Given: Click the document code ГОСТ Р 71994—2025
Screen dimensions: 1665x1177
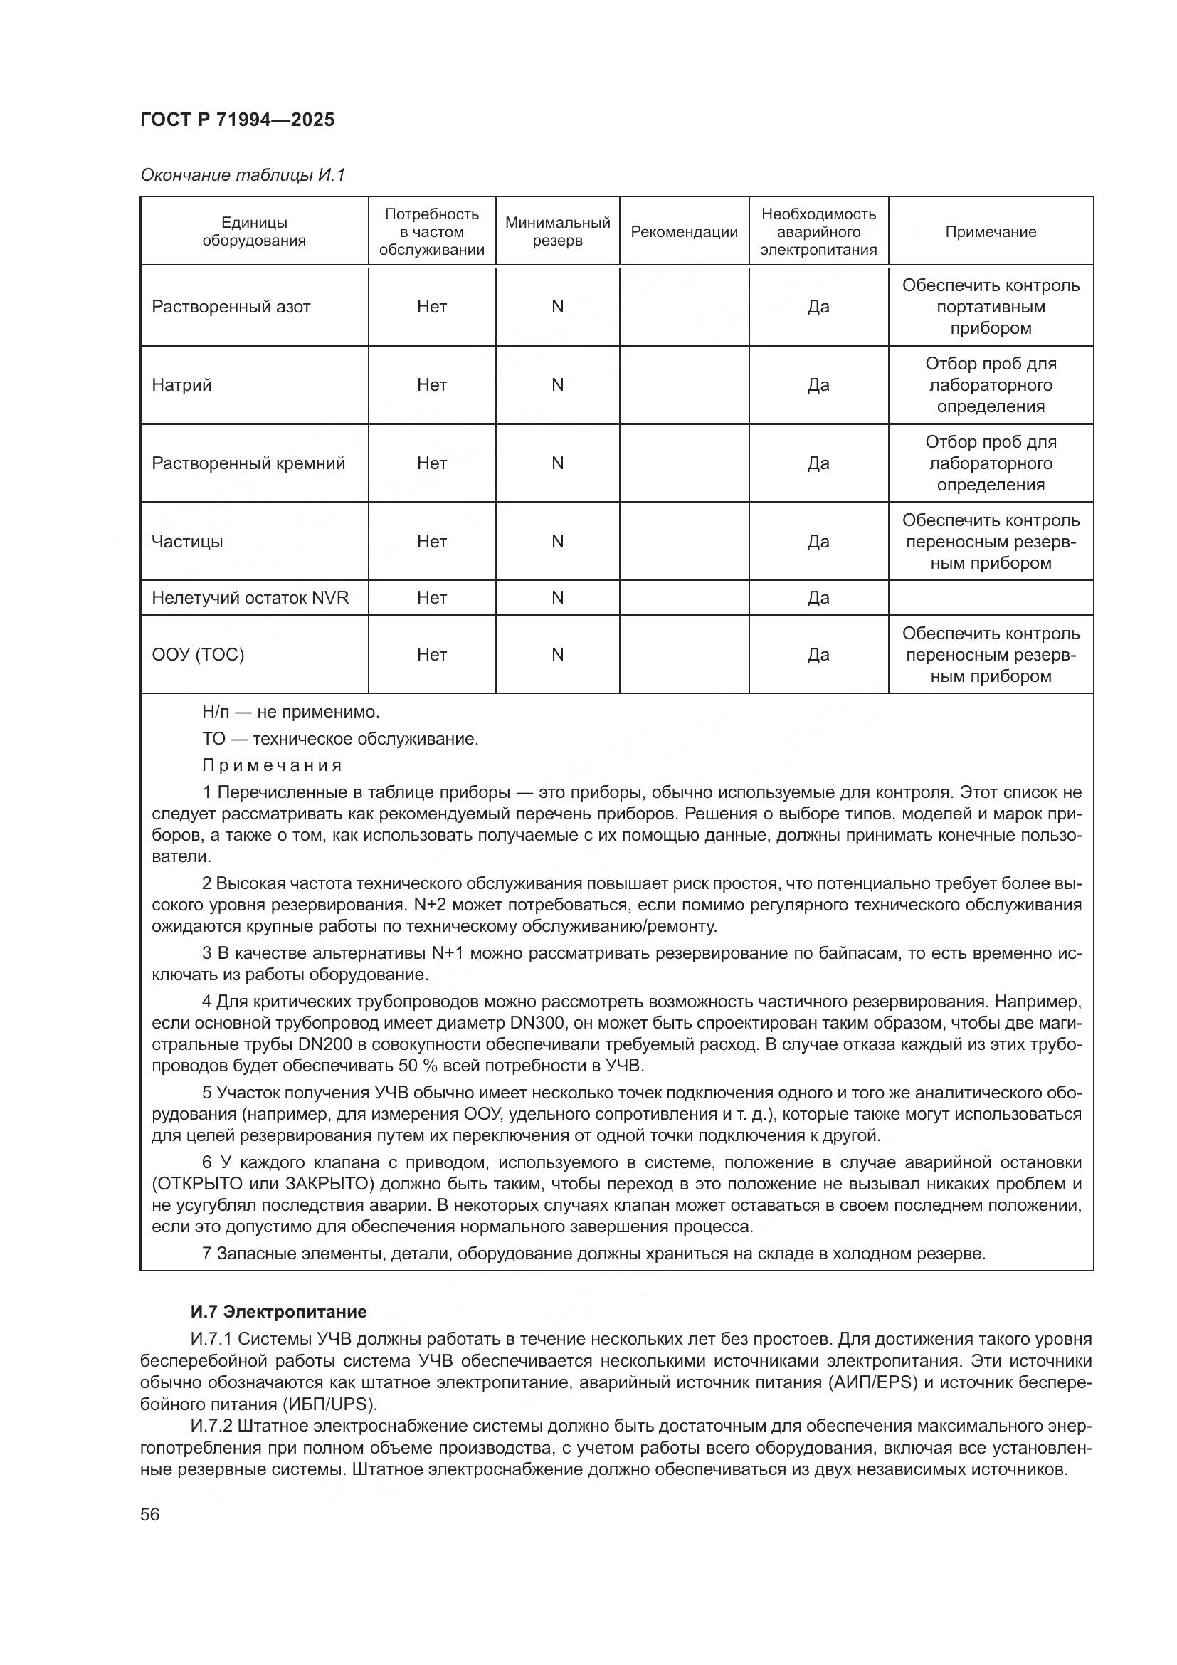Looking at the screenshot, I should [237, 120].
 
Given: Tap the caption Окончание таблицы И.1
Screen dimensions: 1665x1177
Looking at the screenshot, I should [243, 175].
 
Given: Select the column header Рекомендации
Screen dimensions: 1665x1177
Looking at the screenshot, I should [683, 232].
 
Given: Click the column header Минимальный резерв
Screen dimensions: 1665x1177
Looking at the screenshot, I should [557, 232].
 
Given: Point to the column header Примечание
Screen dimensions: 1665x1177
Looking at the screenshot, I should [990, 232].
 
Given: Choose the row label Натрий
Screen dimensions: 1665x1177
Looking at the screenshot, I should [182, 385].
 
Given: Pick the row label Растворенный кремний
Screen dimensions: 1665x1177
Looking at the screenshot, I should [248, 463].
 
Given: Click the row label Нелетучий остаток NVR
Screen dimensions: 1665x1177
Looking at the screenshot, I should [250, 597].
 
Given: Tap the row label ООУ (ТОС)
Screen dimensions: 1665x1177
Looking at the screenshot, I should [198, 655].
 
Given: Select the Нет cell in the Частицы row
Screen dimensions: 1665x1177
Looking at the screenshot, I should [431, 542].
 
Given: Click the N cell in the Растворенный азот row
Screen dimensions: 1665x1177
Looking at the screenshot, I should [557, 307].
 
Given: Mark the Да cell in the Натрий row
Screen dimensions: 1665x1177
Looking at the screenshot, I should [818, 385].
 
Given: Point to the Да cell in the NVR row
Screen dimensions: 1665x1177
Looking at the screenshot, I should [818, 597].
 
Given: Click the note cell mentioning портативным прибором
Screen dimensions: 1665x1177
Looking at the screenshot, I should [990, 307].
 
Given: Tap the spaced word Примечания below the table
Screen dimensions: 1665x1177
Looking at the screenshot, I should [272, 766].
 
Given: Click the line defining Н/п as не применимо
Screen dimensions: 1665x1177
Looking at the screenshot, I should [290, 711].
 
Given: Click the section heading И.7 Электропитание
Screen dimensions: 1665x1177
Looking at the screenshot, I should [278, 1312].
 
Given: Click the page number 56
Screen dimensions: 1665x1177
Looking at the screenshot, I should [150, 1515].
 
